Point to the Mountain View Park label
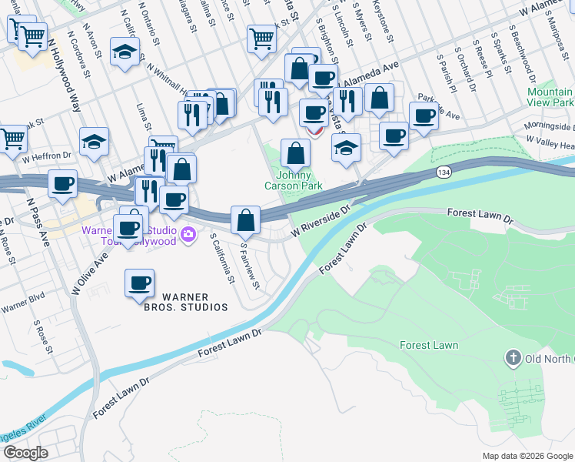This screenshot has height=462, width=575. click(550, 97)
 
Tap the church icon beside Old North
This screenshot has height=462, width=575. click(513, 358)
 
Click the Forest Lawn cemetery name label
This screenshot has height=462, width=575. click(429, 345)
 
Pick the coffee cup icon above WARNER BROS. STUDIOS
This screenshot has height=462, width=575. click(139, 283)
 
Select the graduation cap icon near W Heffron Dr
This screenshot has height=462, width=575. click(94, 142)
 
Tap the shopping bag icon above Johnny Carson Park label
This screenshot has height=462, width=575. click(295, 152)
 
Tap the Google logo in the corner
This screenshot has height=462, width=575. click(26, 452)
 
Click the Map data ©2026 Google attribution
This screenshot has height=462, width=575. click(527, 456)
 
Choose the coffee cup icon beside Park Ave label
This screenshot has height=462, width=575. click(423, 115)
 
